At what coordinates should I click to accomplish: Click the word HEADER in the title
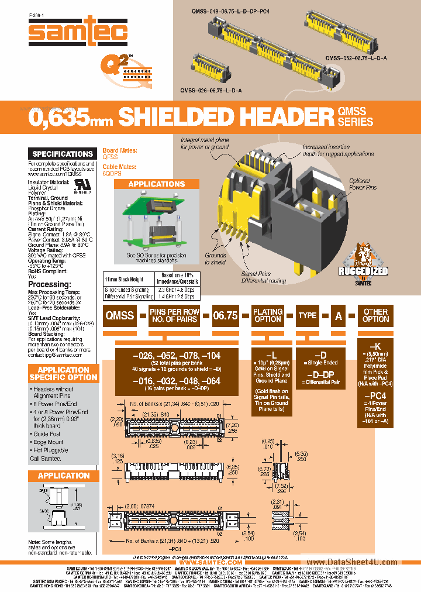click(272, 117)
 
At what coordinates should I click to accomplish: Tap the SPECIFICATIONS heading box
click(63, 154)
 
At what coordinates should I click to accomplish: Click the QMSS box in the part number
click(119, 315)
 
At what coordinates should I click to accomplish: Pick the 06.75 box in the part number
click(225, 315)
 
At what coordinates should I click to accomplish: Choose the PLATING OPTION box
click(268, 315)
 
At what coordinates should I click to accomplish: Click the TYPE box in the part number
click(307, 315)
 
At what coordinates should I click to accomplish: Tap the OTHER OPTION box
click(375, 315)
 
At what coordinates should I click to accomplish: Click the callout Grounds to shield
click(216, 259)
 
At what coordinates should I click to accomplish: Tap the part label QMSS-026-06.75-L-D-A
click(211, 90)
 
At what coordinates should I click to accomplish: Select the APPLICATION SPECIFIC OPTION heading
click(63, 373)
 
